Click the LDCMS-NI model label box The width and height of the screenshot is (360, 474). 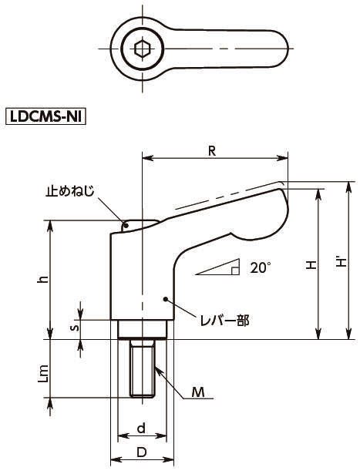click(x=46, y=116)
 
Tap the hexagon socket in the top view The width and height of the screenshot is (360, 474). click(x=142, y=49)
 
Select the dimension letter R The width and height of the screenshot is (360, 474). click(x=212, y=150)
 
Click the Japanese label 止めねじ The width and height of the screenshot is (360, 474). click(x=70, y=191)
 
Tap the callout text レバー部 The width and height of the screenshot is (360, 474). click(x=225, y=321)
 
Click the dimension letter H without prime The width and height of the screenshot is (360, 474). click(x=311, y=265)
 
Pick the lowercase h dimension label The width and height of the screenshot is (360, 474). click(x=43, y=280)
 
